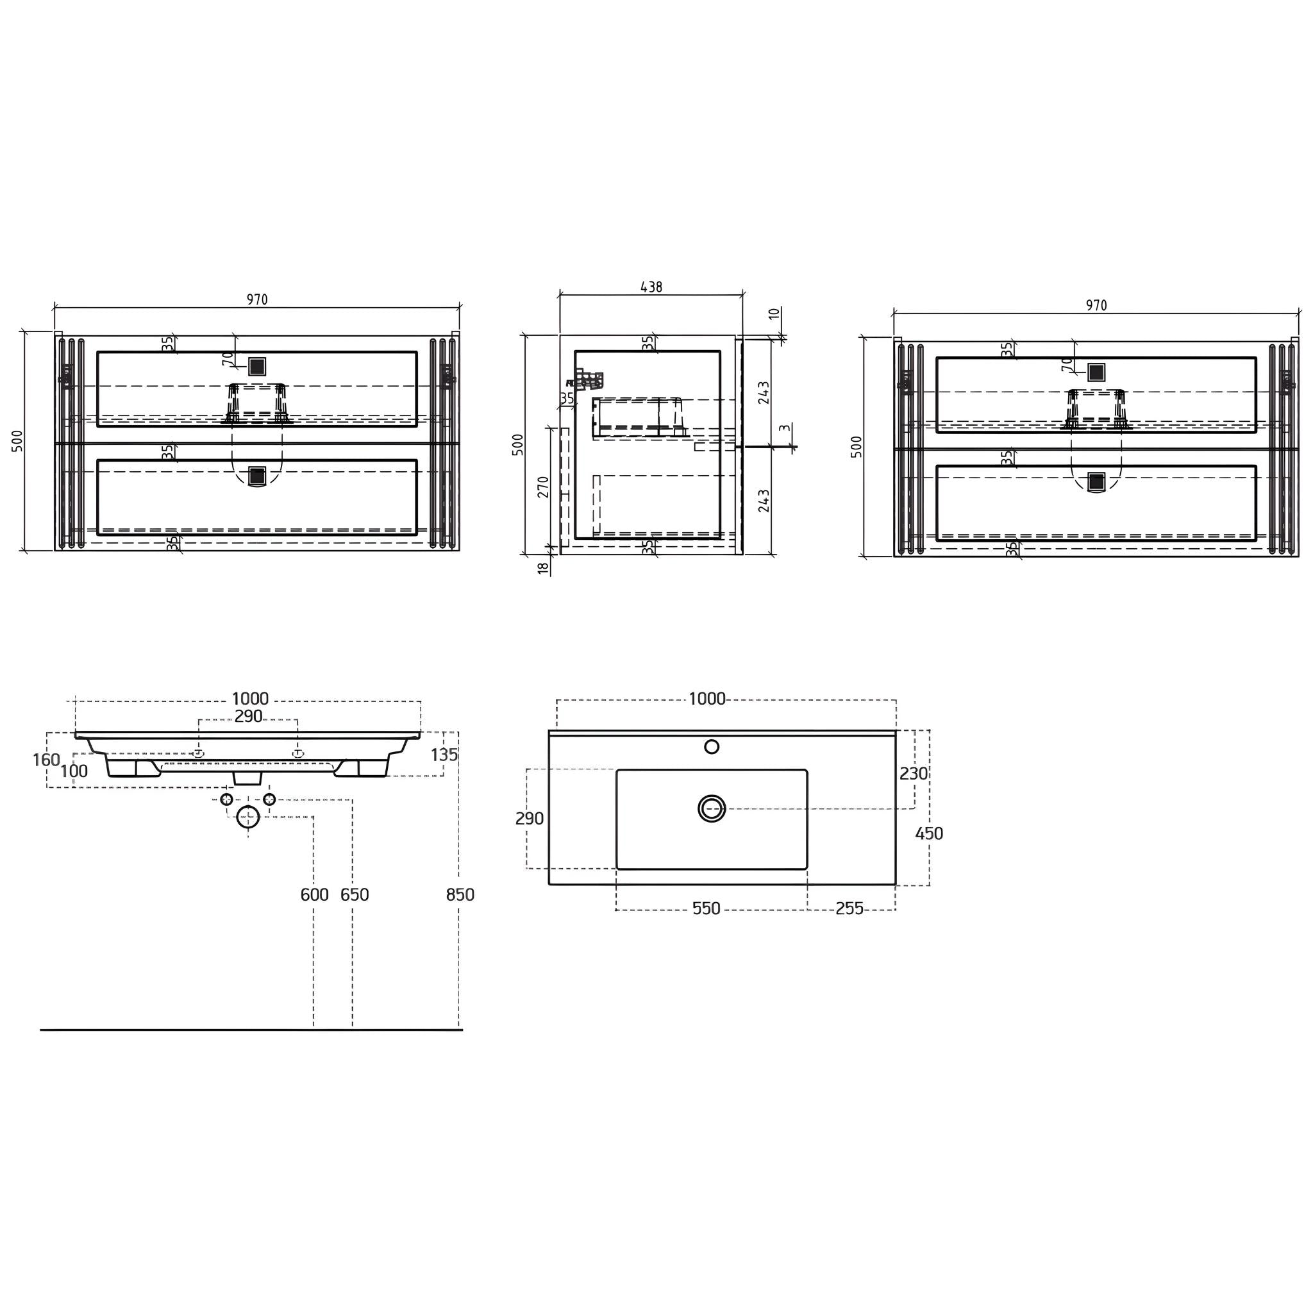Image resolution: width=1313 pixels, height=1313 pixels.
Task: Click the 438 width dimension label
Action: coord(651,287)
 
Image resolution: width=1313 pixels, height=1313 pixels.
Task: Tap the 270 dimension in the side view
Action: coord(544,487)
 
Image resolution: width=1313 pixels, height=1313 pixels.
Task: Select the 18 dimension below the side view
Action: coord(543,568)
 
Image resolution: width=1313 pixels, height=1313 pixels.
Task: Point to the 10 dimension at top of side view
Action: coord(773,314)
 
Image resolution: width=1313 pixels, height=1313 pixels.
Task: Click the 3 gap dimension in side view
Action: coord(785,429)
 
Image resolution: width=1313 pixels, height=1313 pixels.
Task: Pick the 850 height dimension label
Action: coord(460,895)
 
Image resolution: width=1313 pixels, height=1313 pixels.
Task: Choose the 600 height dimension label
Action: coord(315,895)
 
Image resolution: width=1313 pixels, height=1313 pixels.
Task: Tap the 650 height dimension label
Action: coord(355,895)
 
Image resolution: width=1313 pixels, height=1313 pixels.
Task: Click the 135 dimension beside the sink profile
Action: coord(444,755)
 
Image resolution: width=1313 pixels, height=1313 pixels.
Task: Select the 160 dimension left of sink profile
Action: coord(46,760)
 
